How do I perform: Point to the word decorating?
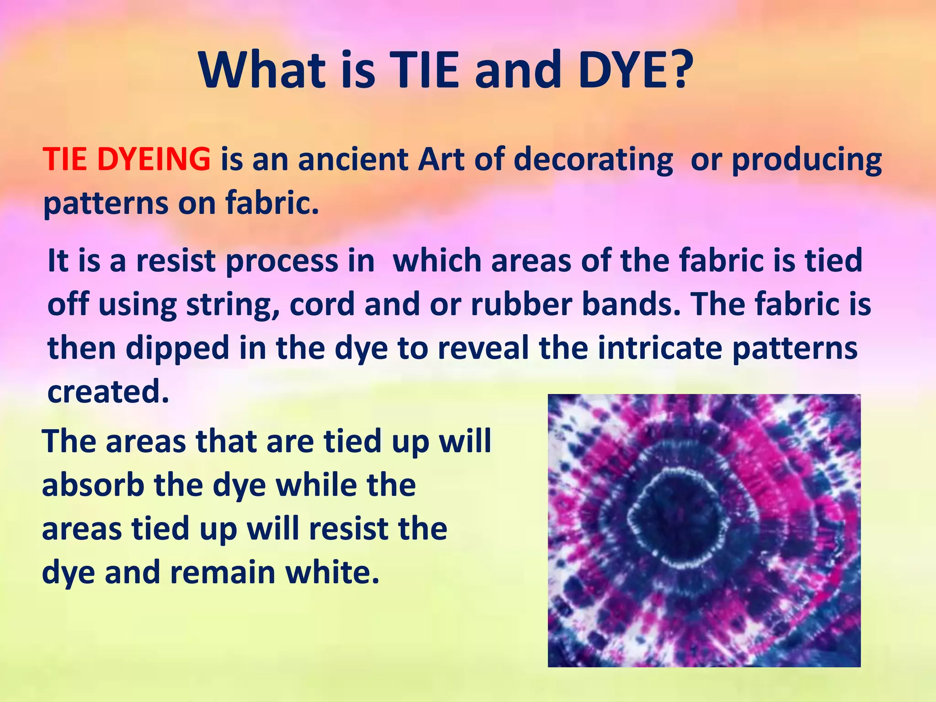tap(593, 160)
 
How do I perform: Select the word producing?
tap(807, 160)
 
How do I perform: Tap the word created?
tap(108, 392)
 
